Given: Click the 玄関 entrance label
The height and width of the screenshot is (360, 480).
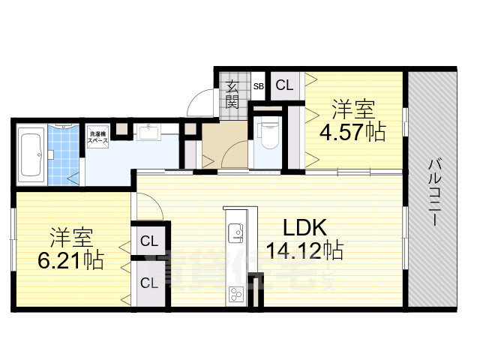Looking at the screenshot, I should (233, 94).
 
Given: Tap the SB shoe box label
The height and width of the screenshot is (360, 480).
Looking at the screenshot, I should (258, 86).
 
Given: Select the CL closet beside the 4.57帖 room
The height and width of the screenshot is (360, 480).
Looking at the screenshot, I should (284, 85).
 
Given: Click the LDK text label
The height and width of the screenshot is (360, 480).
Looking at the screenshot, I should (304, 227).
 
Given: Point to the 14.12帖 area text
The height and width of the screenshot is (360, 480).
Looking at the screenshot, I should (304, 250).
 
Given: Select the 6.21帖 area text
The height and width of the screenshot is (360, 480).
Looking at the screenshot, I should (71, 261).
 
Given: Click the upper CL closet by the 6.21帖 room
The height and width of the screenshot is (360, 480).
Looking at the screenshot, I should (149, 242).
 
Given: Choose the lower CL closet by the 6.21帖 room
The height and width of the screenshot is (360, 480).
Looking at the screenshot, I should (149, 283).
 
